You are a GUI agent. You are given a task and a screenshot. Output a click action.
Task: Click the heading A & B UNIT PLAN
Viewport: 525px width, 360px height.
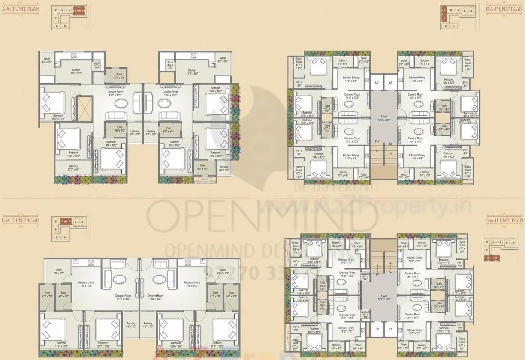pyautogui.click(x=20, y=8)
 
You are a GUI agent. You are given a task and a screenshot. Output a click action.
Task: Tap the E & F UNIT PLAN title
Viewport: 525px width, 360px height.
pyautogui.click(x=504, y=9)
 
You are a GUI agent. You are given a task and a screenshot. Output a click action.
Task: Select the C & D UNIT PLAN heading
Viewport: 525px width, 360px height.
pyautogui.click(x=20, y=220)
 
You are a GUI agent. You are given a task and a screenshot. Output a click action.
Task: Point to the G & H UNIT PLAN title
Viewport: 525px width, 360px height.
pyautogui.click(x=504, y=220)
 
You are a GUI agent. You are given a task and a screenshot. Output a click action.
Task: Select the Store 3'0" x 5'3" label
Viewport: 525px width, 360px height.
pyautogui.click(x=97, y=66)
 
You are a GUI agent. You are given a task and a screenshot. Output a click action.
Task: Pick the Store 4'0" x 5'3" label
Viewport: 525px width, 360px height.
pyautogui.click(x=170, y=66)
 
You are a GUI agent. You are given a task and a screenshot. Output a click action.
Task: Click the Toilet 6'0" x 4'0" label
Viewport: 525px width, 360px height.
pyautogui.click(x=202, y=167)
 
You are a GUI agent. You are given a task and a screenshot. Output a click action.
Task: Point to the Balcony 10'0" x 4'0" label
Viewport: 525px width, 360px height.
pyautogui.click(x=73, y=168)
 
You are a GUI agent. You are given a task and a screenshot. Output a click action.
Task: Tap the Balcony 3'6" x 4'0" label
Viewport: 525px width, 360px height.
pyautogui.click(x=223, y=168)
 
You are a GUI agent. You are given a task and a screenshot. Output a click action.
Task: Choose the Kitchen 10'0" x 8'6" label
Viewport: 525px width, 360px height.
pyautogui.click(x=76, y=72)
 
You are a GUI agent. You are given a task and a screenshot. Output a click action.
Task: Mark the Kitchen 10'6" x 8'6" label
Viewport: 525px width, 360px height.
pyautogui.click(x=192, y=72)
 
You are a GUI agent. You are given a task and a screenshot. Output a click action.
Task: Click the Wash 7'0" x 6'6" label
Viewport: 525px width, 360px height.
pyautogui.click(x=59, y=271)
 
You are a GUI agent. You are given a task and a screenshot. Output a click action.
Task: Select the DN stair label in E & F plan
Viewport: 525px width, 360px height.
pyautogui.click(x=377, y=141)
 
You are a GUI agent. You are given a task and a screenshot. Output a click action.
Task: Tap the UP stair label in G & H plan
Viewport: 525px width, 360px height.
pyautogui.click(x=377, y=275)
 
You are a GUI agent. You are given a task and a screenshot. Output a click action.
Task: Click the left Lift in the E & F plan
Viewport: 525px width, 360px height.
pyautogui.click(x=377, y=82)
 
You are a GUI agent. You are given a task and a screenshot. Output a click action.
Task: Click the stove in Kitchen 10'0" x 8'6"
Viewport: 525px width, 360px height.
pyautogui.click(x=74, y=56)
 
